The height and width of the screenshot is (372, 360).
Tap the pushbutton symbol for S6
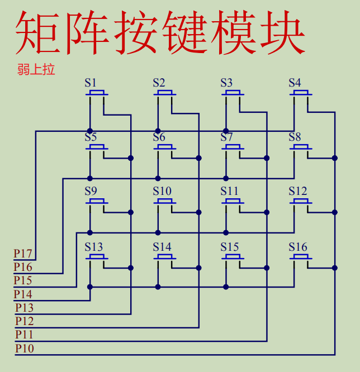tap(165, 147)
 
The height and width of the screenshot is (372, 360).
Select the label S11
tap(229, 192)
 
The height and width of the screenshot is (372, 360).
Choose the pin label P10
tap(24, 349)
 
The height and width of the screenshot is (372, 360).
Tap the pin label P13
tap(24, 308)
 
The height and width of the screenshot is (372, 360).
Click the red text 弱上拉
tap(35, 70)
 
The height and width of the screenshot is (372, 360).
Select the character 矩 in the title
tap(37, 34)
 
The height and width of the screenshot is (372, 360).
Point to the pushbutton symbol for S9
tap(97, 202)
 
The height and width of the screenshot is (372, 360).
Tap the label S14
tap(162, 247)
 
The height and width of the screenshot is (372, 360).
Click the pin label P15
tap(23, 280)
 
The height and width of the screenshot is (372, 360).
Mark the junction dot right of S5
tap(131, 158)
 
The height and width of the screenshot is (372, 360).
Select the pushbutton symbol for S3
tap(233, 93)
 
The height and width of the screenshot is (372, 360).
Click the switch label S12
tap(297, 192)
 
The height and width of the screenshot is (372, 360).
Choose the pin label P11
tap(24, 335)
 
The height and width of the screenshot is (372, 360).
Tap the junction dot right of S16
tap(335, 268)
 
